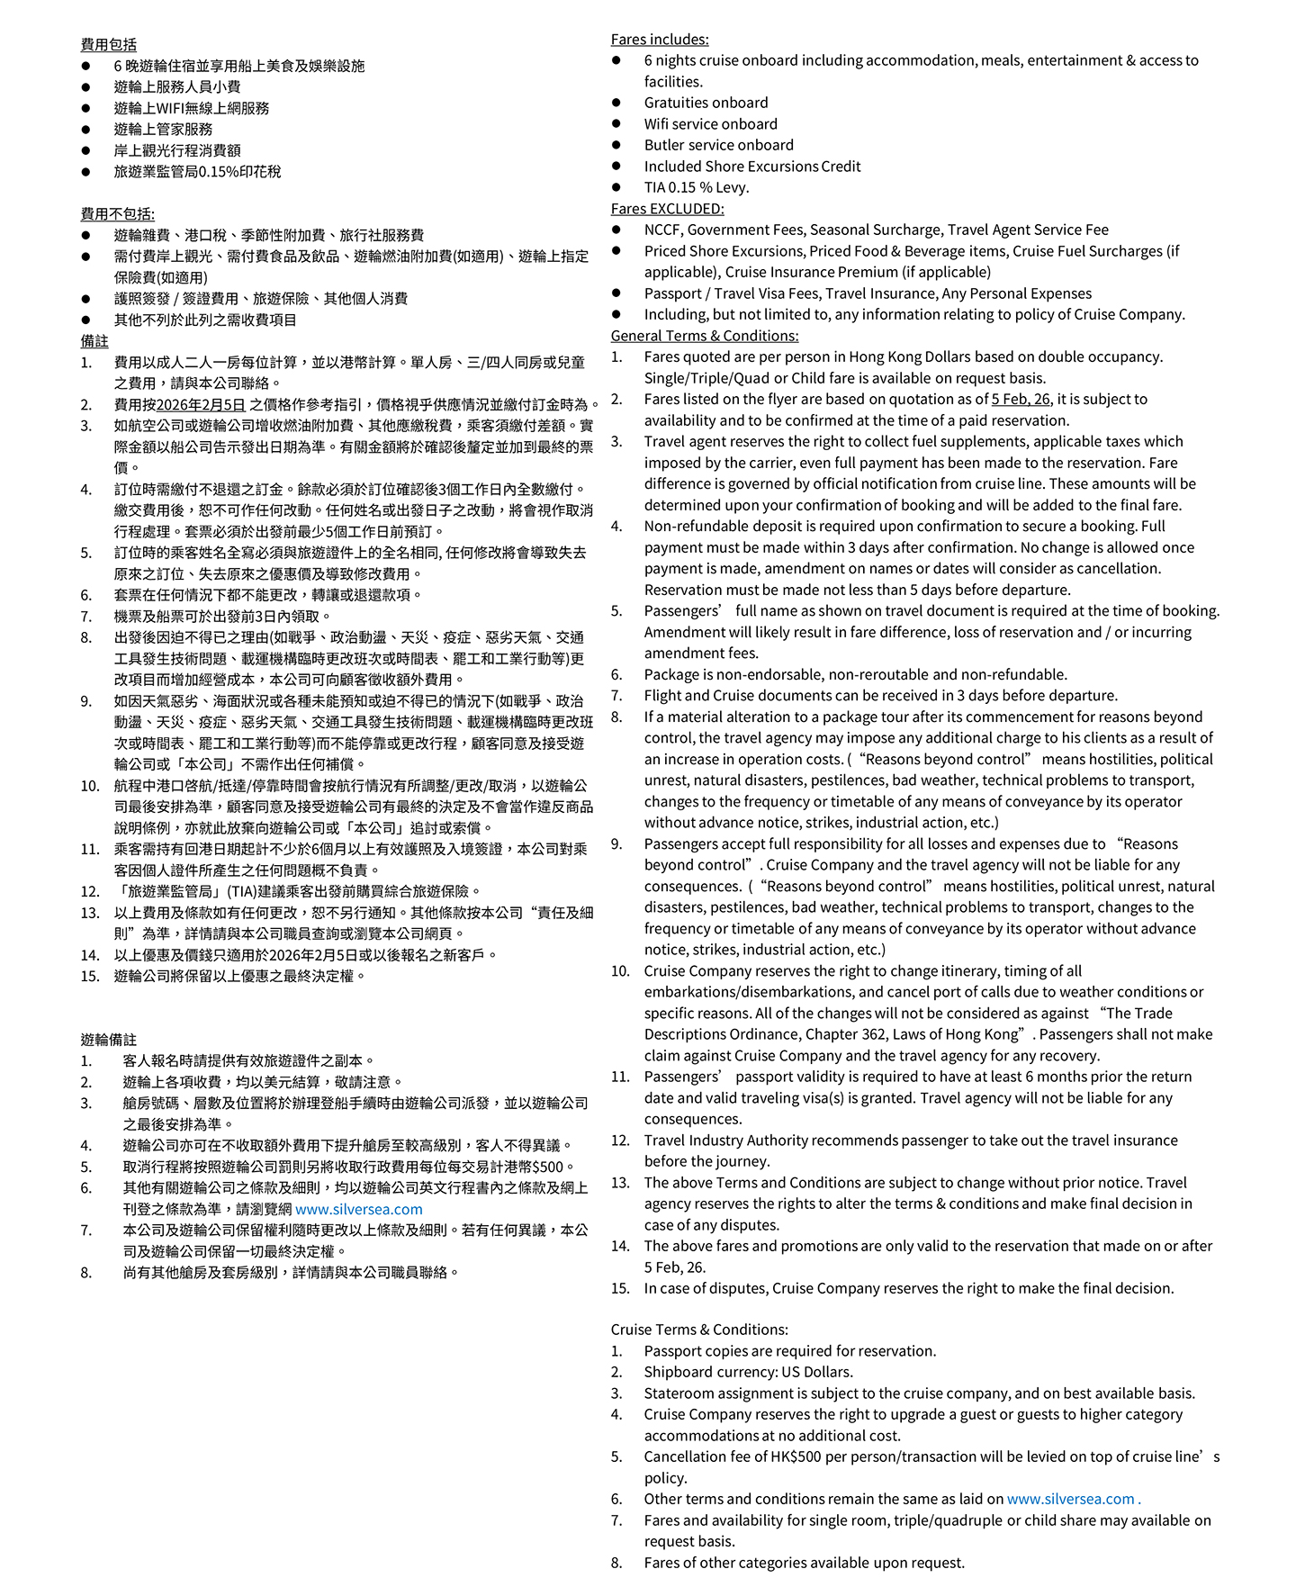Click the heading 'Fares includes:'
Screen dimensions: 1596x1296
point(659,40)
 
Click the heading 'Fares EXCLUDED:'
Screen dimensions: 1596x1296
point(667,209)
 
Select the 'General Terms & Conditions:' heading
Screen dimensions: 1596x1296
point(704,336)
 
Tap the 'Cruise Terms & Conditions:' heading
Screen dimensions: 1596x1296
point(698,1330)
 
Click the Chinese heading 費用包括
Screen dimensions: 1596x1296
point(108,45)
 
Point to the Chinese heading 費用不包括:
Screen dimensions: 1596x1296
point(117,214)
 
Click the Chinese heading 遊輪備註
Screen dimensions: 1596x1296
point(108,1040)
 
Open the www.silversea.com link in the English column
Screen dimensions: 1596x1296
point(1070,1499)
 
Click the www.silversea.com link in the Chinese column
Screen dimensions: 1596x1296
point(358,1210)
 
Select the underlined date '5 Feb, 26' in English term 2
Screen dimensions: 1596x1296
point(1020,400)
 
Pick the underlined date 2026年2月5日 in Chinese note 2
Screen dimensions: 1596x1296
point(200,405)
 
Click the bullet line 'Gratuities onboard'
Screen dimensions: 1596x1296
point(706,103)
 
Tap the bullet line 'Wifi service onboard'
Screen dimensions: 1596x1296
point(710,124)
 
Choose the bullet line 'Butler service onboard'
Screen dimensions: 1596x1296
point(718,145)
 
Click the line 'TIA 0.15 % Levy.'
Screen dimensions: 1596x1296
point(696,187)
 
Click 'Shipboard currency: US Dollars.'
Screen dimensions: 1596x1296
point(748,1372)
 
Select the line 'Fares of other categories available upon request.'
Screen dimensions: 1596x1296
point(804,1563)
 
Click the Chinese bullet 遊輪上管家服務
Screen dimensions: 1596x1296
point(163,130)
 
